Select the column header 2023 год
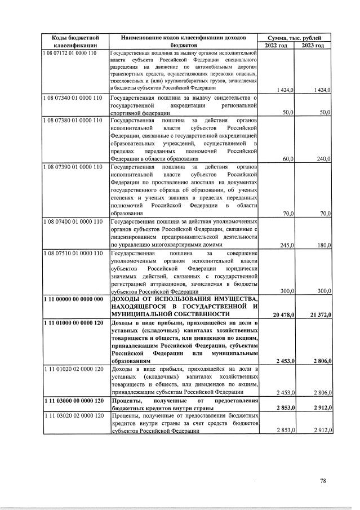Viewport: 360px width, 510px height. [x=313, y=45]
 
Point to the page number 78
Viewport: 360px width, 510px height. [x=323, y=481]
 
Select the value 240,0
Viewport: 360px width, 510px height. [x=323, y=159]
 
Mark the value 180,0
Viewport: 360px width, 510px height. [x=323, y=245]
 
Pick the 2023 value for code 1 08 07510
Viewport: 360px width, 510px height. [x=323, y=291]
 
